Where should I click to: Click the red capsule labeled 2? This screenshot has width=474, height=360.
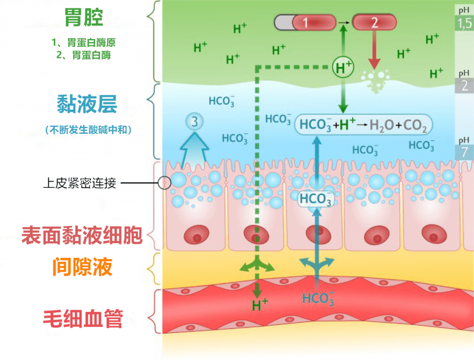point(374,22)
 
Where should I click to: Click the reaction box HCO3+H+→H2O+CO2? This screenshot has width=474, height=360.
point(363,125)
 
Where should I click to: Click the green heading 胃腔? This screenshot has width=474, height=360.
point(83,18)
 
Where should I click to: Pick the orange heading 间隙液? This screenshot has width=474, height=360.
point(83,267)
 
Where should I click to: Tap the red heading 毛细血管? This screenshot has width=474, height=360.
point(83,319)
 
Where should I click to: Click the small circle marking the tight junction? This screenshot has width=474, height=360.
point(165,182)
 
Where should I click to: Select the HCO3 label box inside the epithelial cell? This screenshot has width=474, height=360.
point(316,199)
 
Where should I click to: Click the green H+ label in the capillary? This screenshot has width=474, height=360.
point(260,305)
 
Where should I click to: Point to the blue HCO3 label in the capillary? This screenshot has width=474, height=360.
point(318,299)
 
